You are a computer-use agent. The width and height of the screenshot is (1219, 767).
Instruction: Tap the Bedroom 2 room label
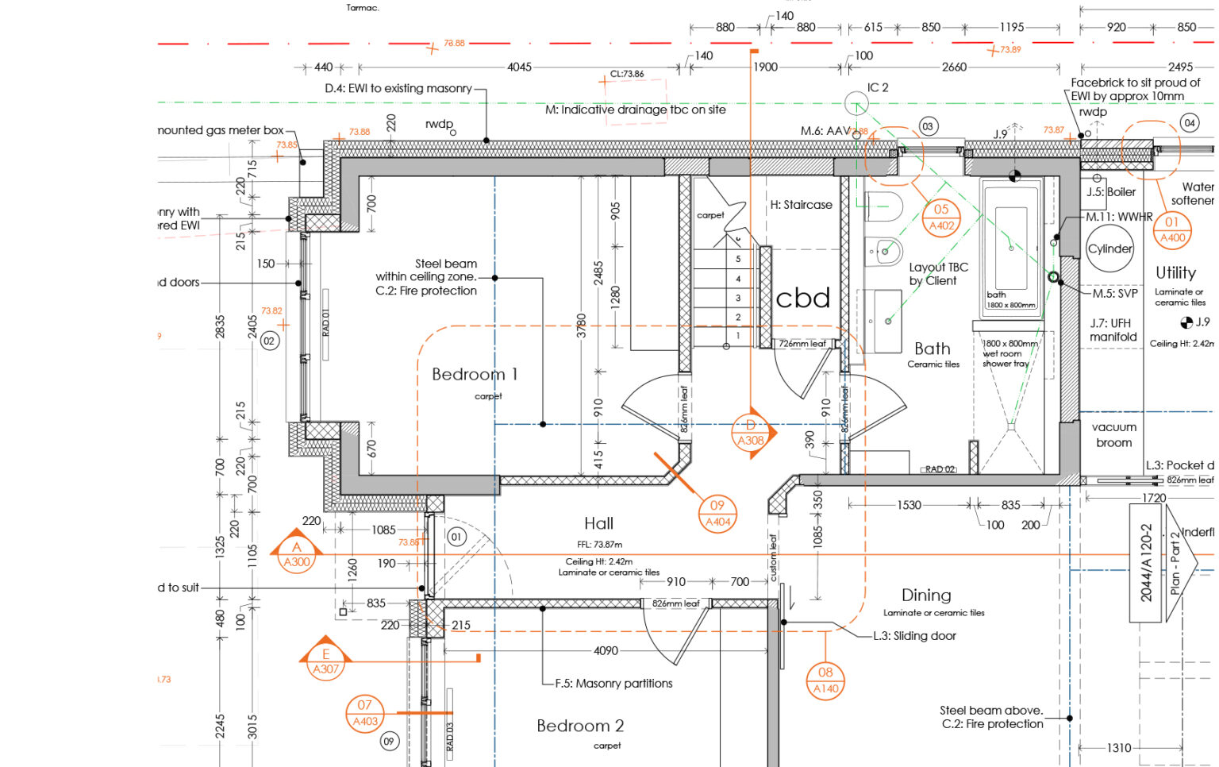click(580, 726)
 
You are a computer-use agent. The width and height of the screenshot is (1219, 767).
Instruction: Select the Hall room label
click(598, 523)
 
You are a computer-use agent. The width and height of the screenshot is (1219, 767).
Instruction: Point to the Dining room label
click(926, 595)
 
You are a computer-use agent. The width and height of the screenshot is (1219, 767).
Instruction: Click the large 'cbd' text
click(803, 299)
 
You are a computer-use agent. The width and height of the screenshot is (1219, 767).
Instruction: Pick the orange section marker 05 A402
click(941, 218)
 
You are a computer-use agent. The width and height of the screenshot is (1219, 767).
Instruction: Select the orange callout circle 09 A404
click(717, 513)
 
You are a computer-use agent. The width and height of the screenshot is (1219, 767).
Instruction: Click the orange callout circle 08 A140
click(825, 680)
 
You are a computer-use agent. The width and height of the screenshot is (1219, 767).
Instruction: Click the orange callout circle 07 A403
click(365, 713)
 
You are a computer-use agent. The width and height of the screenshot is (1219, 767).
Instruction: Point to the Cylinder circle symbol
click(1109, 249)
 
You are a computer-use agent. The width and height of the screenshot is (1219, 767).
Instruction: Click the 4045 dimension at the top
click(519, 67)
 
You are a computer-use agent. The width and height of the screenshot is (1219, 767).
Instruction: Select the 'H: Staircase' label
click(801, 205)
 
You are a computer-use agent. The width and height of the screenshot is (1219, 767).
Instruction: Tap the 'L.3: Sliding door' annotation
click(914, 636)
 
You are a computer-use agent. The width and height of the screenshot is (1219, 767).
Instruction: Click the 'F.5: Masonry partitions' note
click(613, 684)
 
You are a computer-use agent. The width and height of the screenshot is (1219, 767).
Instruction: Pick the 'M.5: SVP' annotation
click(1115, 294)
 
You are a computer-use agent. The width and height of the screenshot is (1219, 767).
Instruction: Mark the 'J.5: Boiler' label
click(1111, 192)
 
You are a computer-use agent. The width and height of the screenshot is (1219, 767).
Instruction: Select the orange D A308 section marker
click(751, 434)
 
